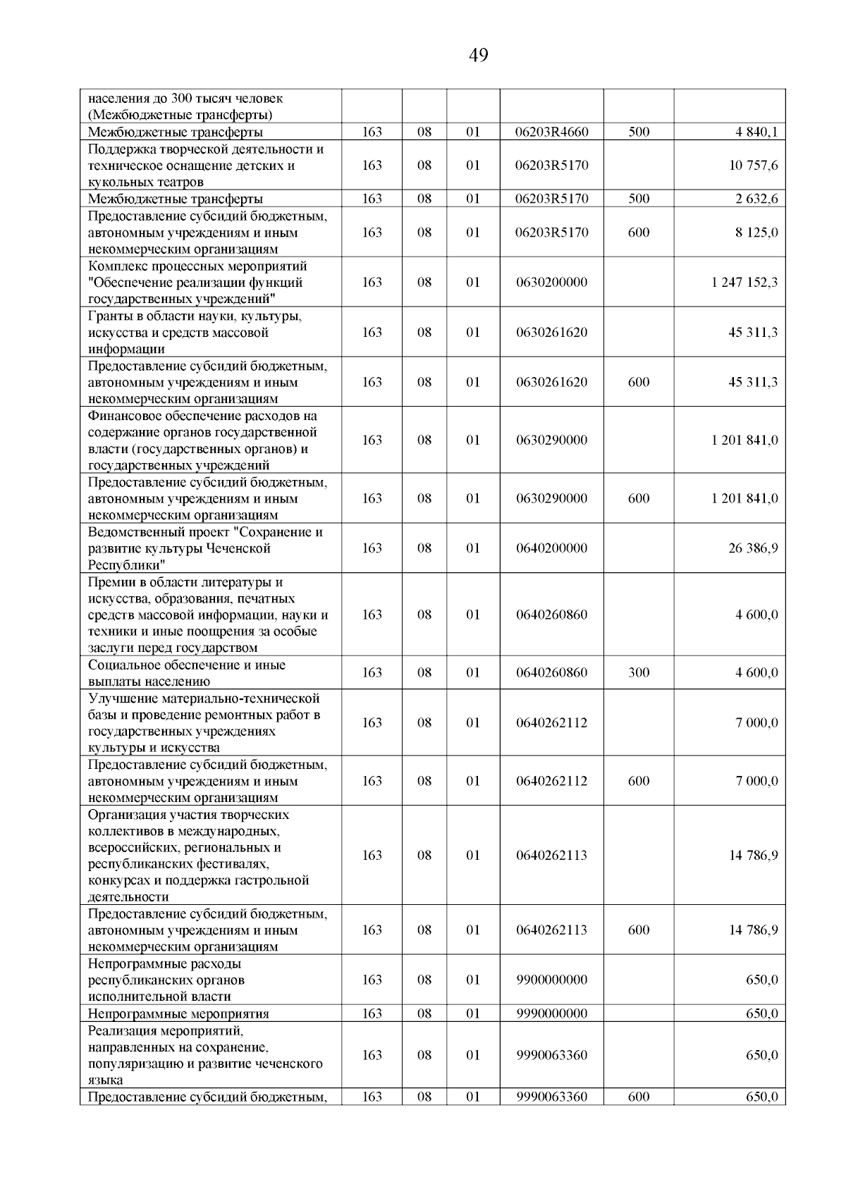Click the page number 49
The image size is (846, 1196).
(477, 55)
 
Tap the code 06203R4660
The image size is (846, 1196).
(551, 132)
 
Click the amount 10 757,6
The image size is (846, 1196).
(754, 166)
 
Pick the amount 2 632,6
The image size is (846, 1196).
(756, 199)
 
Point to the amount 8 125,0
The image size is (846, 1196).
(756, 233)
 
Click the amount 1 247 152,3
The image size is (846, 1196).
(744, 283)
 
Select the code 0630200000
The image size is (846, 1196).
(551, 283)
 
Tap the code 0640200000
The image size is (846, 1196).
(551, 548)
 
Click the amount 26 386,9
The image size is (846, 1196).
(753, 548)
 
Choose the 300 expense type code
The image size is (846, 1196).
(639, 673)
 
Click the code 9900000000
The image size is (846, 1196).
(551, 980)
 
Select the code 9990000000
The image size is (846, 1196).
(551, 1014)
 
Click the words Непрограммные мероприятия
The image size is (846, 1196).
(178, 1014)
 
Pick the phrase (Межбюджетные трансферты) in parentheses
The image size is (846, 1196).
(180, 116)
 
